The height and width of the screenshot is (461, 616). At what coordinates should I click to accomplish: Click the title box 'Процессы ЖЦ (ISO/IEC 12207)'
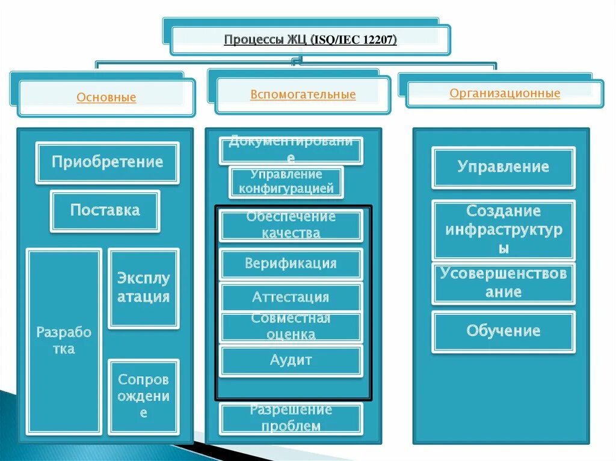(x=310, y=40)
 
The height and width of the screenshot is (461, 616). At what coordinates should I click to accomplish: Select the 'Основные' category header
(x=106, y=97)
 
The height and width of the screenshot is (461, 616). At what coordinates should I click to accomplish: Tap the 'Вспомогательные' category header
(x=303, y=95)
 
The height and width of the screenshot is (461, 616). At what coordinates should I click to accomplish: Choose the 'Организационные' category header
(x=505, y=94)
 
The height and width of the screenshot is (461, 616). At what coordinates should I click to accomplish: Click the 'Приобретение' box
(x=107, y=162)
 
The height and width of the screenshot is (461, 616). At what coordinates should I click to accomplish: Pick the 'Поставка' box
(x=105, y=210)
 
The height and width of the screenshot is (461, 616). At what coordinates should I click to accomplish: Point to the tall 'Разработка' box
(x=64, y=341)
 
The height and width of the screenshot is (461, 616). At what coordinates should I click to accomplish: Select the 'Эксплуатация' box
(x=143, y=288)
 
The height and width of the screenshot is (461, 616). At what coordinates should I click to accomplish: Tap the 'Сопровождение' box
(x=143, y=396)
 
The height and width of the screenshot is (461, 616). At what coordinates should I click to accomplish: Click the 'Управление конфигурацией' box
(x=286, y=182)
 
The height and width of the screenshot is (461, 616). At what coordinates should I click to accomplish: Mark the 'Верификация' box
(x=291, y=264)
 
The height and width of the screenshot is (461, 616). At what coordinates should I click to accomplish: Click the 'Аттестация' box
(x=291, y=297)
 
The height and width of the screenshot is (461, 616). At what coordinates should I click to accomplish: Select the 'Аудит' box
(x=291, y=360)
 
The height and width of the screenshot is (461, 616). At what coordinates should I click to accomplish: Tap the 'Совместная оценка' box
(x=291, y=327)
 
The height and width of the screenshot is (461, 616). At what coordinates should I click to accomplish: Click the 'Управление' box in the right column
(x=504, y=167)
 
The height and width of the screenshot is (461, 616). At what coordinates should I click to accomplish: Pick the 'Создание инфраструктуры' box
(x=504, y=230)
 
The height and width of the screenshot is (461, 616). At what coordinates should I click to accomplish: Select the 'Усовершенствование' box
(x=504, y=283)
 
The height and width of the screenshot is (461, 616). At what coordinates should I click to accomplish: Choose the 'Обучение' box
(x=504, y=331)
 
